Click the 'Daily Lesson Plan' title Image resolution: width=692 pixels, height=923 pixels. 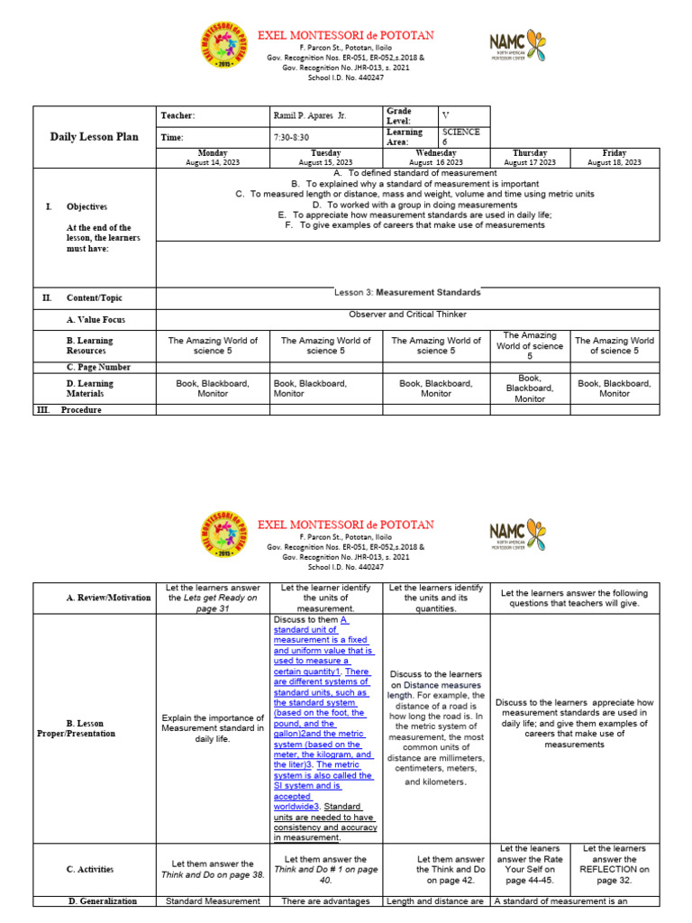[94, 136]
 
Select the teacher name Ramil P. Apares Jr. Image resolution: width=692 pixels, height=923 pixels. [309, 116]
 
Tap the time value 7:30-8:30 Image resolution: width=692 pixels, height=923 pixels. [291, 137]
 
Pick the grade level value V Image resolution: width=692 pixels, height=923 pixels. [444, 116]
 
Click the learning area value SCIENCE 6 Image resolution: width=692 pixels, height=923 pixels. [460, 137]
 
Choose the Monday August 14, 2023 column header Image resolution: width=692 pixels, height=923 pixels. [213, 158]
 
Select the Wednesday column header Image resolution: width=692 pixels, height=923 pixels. [436, 158]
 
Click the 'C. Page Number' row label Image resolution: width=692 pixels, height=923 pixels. [98, 367]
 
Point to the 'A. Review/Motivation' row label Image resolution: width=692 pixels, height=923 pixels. [103, 598]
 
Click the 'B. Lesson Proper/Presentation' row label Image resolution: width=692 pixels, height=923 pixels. [91, 728]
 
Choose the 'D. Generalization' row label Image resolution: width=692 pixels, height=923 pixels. [102, 900]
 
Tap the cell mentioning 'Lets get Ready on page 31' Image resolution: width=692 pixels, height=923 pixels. [213, 599]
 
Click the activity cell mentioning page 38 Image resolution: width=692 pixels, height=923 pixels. [213, 870]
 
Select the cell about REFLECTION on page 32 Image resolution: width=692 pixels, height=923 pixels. [615, 864]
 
